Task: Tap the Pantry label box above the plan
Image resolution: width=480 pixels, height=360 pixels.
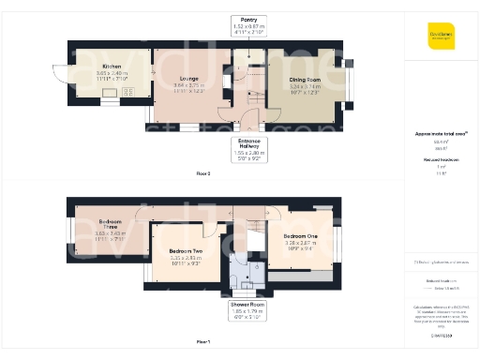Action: click(248, 24)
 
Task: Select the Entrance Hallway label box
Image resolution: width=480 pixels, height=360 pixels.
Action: click(248, 148)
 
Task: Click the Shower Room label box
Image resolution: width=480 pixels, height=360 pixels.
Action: click(248, 309)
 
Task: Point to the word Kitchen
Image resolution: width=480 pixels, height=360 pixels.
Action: click(112, 67)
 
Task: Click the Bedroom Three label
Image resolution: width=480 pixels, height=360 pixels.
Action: click(112, 223)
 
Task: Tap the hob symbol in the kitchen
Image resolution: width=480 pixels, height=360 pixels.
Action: click(129, 91)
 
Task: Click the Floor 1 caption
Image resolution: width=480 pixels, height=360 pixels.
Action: click(202, 341)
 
